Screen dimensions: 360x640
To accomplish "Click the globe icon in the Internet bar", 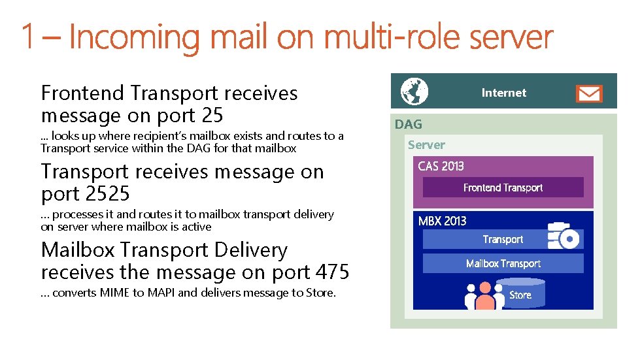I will point(414,91).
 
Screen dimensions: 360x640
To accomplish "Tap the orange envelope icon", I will point(588,93).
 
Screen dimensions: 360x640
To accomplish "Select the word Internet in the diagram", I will point(503,93).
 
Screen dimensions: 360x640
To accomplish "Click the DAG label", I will point(408,124).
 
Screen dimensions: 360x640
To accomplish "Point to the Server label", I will point(426,145).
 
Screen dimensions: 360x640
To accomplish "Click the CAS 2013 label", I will point(441,167).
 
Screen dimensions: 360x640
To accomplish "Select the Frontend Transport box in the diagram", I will point(503,188).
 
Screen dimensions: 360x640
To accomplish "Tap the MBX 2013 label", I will point(442,221).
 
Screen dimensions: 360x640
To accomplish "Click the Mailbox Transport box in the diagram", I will point(503,263).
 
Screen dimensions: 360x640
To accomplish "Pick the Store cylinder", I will point(520,294).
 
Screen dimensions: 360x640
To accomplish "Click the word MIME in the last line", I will point(115,293).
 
